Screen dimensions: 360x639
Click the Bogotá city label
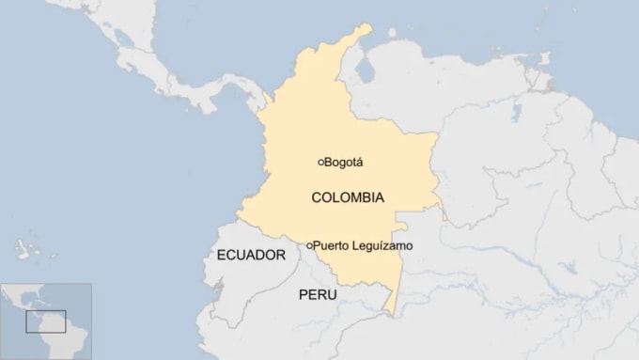tap(343, 162)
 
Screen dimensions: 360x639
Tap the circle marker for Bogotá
tap(320, 162)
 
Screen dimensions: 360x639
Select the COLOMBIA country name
tap(347, 197)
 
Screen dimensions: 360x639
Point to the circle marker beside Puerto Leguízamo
tap(309, 246)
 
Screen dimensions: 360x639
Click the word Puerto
tap(331, 246)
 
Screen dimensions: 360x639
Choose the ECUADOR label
tap(251, 255)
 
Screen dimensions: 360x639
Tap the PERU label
tap(318, 294)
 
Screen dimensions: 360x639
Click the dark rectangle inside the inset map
tap(45, 321)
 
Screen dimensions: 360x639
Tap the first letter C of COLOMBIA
tap(316, 197)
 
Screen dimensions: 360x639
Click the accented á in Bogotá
tap(359, 162)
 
